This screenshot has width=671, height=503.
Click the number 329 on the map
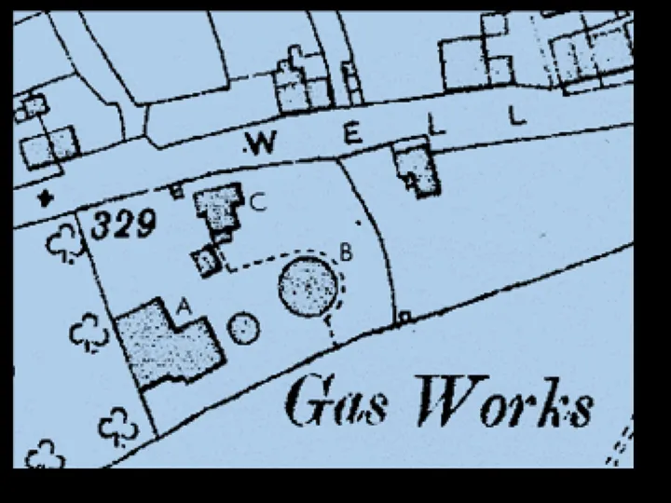pos(124,224)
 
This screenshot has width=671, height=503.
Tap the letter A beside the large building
pos(183,305)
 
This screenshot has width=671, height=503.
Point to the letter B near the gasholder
pos(345,251)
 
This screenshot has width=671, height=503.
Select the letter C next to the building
pos(258,200)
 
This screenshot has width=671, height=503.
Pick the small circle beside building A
pos(243,328)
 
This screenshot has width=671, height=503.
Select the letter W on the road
pos(262,143)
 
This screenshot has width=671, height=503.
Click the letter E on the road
pos(351,135)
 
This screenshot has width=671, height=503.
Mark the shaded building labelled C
pos(218,210)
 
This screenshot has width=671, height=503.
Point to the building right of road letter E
pos(417,169)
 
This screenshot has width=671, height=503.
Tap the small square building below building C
pos(205,262)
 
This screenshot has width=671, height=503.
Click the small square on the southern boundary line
pos(404,317)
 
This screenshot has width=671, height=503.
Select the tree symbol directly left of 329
pos(65,244)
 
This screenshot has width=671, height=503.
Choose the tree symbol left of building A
pos(89,333)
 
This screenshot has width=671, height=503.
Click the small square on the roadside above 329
pos(176,191)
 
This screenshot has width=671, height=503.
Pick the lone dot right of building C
pos(359,224)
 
